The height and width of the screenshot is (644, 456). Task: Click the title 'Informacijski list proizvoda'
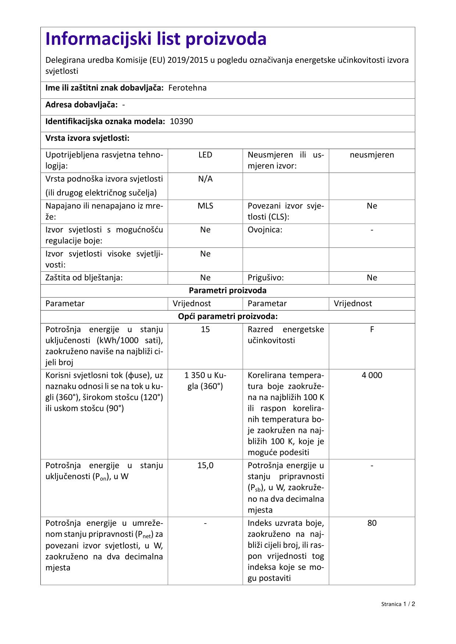(156, 39)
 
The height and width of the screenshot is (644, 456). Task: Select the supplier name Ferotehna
(187, 88)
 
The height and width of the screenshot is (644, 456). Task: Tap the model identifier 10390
(181, 122)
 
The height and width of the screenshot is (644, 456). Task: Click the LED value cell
(205, 155)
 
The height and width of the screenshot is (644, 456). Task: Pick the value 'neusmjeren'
(372, 155)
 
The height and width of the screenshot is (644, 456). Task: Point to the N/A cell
(205, 179)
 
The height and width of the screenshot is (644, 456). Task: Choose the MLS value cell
(205, 206)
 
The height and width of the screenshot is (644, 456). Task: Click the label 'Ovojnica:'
(265, 230)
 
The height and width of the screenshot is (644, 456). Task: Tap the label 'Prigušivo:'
(266, 278)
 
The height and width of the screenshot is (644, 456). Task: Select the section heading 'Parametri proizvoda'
(227, 290)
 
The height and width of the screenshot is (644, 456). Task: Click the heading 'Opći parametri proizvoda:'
(227, 316)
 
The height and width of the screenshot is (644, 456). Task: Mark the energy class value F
(372, 329)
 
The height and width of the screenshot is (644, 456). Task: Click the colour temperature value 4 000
(372, 375)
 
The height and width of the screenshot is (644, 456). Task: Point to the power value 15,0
(205, 466)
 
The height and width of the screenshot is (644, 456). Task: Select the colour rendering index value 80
(372, 523)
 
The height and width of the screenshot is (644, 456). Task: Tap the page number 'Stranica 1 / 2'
(398, 604)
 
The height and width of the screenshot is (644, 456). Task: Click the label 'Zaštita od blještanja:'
(84, 278)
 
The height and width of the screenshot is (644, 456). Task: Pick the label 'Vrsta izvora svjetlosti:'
(87, 138)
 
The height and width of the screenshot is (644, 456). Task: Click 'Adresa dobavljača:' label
(82, 105)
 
